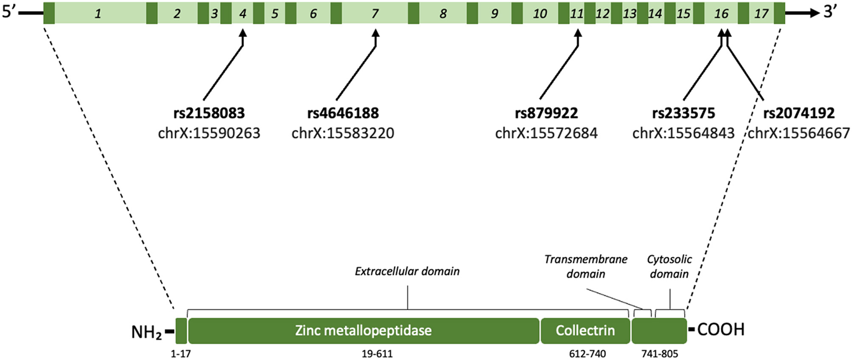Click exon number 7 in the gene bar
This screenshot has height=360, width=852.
[x=375, y=13]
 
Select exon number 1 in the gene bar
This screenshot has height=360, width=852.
[x=98, y=13]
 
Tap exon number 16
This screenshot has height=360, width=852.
[x=721, y=13]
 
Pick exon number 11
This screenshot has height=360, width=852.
[x=576, y=13]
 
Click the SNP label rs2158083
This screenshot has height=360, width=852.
[x=209, y=113]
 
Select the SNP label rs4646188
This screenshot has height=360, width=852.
[x=343, y=113]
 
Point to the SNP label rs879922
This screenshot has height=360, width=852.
[x=546, y=113]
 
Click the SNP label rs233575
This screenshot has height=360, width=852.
[x=683, y=113]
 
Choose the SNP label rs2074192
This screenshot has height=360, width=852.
[x=799, y=113]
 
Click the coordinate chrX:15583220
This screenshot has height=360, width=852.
[x=343, y=133]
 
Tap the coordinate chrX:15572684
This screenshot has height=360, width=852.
[x=546, y=133]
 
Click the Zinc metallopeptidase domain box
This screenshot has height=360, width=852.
[x=363, y=331]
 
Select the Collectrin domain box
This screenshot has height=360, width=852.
[x=585, y=331]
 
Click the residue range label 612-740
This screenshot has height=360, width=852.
[x=587, y=354]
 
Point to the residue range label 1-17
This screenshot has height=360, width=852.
[x=181, y=354]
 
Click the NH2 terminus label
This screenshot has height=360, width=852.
[x=147, y=332]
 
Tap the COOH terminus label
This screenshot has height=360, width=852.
[x=720, y=330]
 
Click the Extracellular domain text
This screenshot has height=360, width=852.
[x=407, y=272]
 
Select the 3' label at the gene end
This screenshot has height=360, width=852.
[x=830, y=12]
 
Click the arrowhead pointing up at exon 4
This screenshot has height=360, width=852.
[x=243, y=33]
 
